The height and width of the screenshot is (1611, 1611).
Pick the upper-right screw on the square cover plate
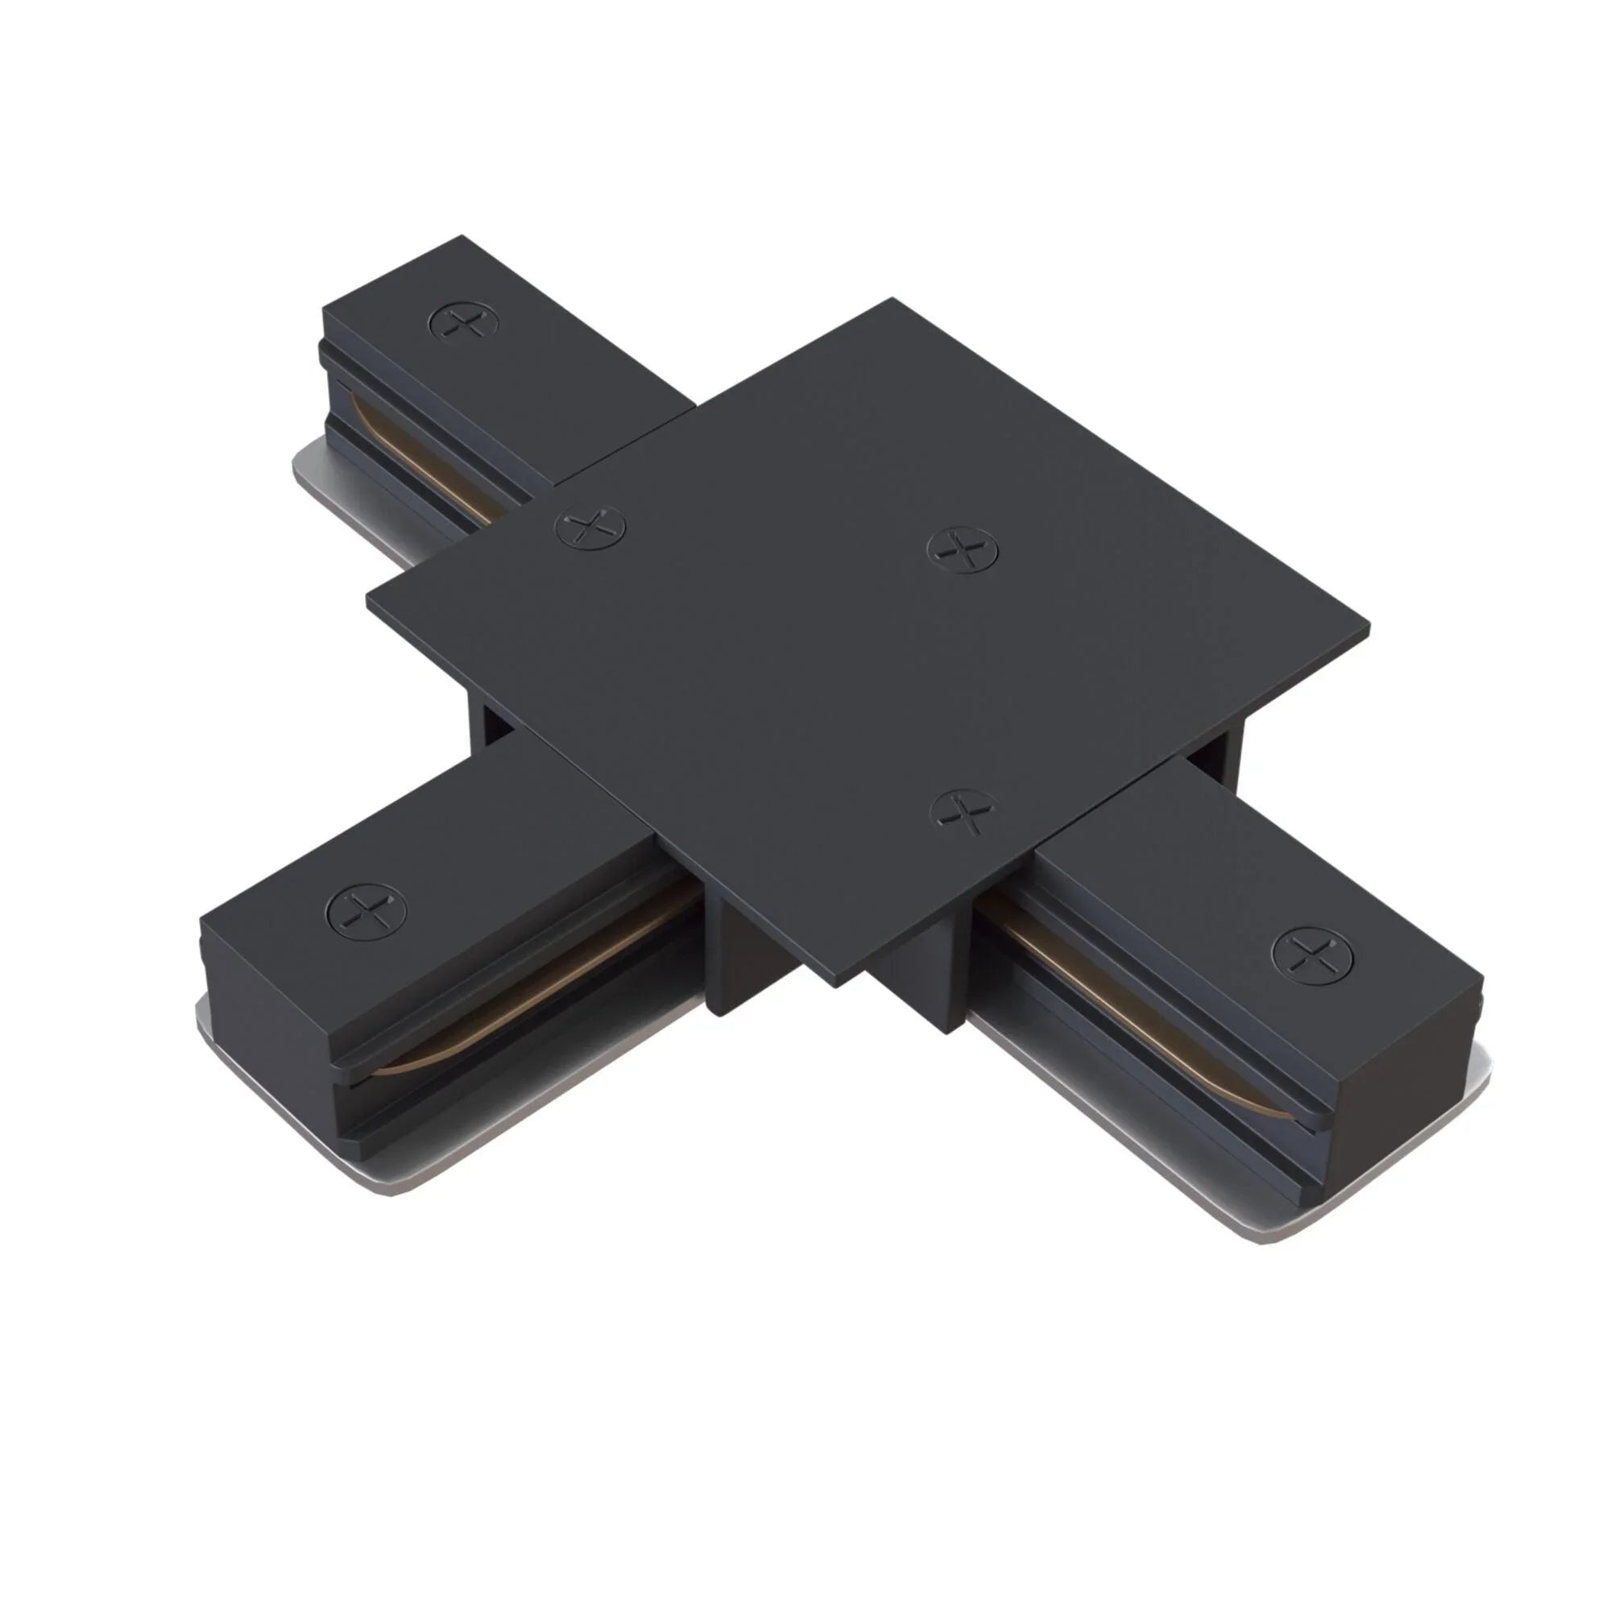click(963, 550)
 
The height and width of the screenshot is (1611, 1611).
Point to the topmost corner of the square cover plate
click(893, 300)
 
